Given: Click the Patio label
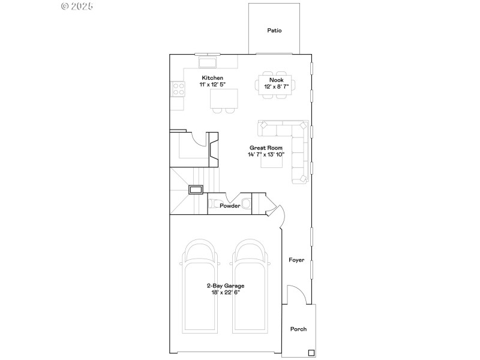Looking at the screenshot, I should click(x=274, y=30).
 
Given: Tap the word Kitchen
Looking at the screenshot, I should click(x=212, y=78).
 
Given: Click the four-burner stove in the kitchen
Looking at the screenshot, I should click(x=178, y=89).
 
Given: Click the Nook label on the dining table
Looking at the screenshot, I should click(x=276, y=80).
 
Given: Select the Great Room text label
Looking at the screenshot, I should click(x=266, y=147).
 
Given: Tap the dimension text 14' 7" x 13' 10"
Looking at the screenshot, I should click(x=266, y=154).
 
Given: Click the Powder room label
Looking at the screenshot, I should click(x=230, y=206).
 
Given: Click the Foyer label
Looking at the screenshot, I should click(x=296, y=260).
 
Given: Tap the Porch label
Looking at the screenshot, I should click(x=298, y=329).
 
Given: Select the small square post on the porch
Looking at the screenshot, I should click(x=311, y=352).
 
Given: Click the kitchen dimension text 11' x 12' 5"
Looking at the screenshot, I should click(x=212, y=85).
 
